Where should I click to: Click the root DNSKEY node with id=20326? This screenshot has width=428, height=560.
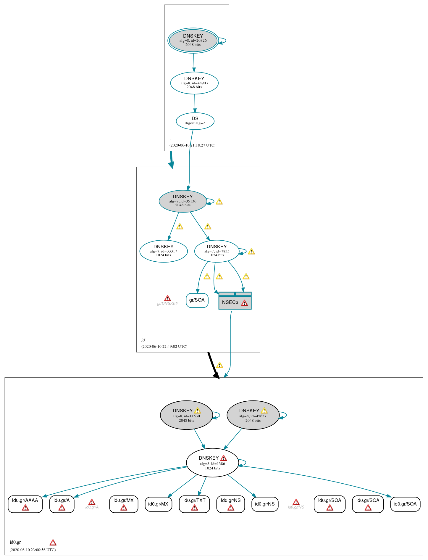click(x=193, y=41)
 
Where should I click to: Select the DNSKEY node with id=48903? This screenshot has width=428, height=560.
click(x=194, y=83)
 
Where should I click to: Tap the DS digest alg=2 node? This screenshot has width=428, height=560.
click(x=195, y=121)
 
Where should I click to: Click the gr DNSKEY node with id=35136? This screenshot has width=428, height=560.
click(x=183, y=201)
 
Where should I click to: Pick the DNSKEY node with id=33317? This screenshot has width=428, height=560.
click(x=164, y=251)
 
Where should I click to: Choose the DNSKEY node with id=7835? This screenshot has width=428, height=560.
click(x=217, y=251)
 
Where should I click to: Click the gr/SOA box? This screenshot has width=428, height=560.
click(x=197, y=300)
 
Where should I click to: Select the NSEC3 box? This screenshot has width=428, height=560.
click(x=235, y=302)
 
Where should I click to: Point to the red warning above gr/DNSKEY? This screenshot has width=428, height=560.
click(x=167, y=298)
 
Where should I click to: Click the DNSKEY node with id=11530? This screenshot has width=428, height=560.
click(x=186, y=415)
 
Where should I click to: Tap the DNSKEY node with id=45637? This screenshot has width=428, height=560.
click(x=253, y=415)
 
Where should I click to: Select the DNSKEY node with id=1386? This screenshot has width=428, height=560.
click(x=212, y=463)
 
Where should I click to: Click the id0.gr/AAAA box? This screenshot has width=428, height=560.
click(x=25, y=504)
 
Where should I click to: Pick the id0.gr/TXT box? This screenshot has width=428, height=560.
click(x=194, y=504)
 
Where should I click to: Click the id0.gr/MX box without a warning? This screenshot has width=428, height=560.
click(x=158, y=504)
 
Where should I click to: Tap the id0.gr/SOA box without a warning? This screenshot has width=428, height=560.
click(x=405, y=504)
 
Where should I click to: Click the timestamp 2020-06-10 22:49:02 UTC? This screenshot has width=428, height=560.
click(x=164, y=346)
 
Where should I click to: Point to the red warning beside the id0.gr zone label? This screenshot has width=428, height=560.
click(x=53, y=543)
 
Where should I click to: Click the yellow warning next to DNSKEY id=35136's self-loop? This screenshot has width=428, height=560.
click(x=219, y=202)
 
